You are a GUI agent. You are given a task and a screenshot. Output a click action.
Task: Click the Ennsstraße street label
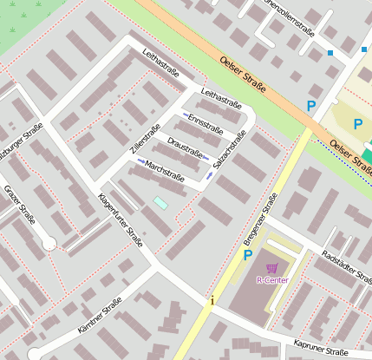tap(206, 122)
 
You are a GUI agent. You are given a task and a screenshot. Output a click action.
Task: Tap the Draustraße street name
tap(185, 144)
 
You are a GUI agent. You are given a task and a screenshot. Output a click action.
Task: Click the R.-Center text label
tap(272, 280)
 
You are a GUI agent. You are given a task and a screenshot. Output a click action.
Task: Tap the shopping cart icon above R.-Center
tap(272, 268)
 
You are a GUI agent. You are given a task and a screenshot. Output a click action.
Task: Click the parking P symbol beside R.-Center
tap(247, 255)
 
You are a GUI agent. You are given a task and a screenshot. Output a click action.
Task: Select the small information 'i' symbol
tap(212, 300)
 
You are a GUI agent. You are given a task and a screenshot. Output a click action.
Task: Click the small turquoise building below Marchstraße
tap(160, 202)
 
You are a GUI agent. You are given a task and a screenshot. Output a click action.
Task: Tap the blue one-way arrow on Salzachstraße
tap(210, 177)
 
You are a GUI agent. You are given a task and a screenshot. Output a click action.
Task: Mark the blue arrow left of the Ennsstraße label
tap(185, 116)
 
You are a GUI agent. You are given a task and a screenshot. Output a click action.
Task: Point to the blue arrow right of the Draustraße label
tap(206, 158)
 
